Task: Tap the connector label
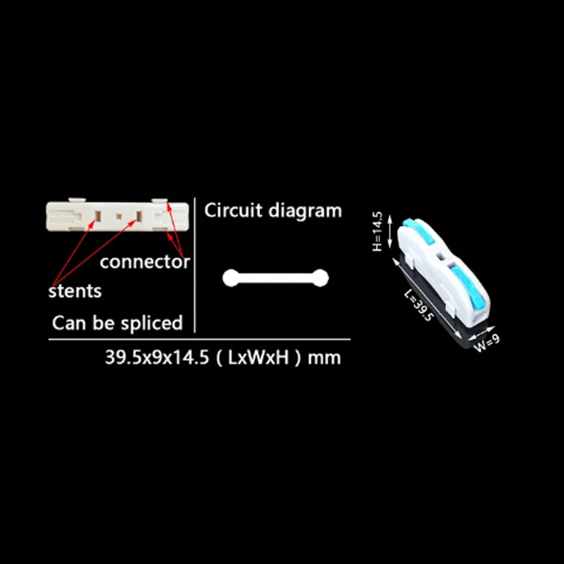pos(145,262)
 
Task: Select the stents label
pos(75,290)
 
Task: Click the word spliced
pos(152,324)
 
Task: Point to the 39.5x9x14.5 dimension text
pos(157,357)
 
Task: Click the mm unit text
pos(324,359)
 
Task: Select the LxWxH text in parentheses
pos(258,357)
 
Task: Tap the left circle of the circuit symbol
pos(231,278)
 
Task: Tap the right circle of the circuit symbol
pos(320,278)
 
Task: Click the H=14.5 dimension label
pos(377,231)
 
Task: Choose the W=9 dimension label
pos(486,343)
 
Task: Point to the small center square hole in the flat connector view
pos(118,216)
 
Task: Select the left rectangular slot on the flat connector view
pos(97,216)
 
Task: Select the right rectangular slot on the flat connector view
pos(139,216)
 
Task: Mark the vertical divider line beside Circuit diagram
pos(195,265)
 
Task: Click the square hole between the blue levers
pos(441,257)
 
